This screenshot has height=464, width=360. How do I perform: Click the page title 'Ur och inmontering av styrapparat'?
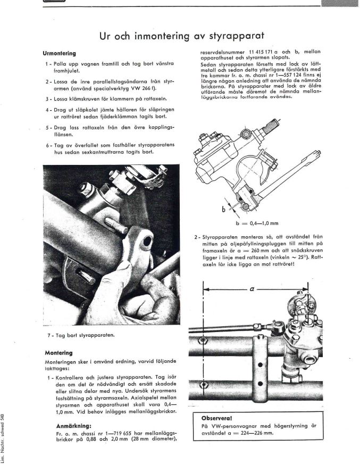(x=182, y=36)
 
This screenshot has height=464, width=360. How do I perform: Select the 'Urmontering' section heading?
(x=59, y=53)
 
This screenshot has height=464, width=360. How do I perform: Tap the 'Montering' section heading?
(x=58, y=353)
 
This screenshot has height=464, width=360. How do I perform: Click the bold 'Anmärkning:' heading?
(x=78, y=426)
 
